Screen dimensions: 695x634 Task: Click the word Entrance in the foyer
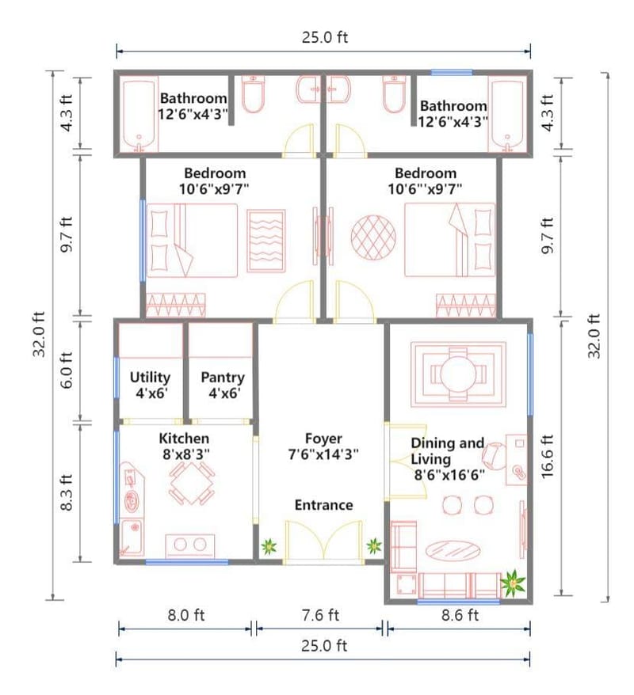pos(323,505)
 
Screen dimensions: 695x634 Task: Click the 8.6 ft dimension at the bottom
pos(460,615)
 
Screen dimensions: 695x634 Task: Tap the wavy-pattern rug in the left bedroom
pos(266,240)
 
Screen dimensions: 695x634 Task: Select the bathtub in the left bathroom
pos(139,115)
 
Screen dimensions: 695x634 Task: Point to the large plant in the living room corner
pos(514,583)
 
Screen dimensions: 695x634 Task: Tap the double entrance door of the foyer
pos(323,546)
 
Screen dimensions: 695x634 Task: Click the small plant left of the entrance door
pos(269,546)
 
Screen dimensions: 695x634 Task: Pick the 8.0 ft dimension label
pos(185,615)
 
